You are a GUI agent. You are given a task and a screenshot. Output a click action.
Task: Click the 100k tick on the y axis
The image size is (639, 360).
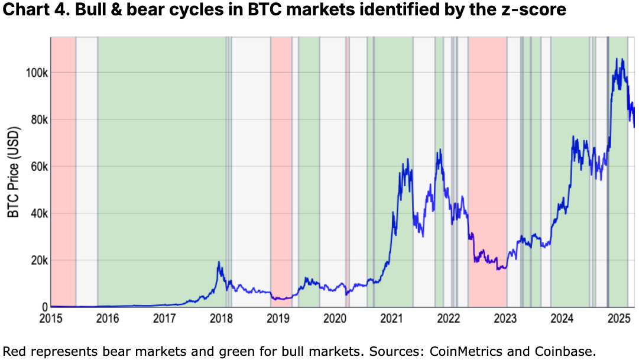(35, 73)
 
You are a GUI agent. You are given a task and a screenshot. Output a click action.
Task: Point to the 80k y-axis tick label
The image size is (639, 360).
(37, 119)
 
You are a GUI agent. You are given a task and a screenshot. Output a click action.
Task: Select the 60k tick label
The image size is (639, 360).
(37, 167)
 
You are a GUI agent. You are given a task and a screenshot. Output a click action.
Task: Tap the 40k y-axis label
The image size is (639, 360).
(37, 213)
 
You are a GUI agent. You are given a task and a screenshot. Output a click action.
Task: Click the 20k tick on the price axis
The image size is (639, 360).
(37, 260)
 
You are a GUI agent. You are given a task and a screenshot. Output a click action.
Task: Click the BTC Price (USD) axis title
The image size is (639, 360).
(14, 171)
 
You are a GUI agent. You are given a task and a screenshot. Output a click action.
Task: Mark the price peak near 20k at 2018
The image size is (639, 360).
(219, 262)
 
